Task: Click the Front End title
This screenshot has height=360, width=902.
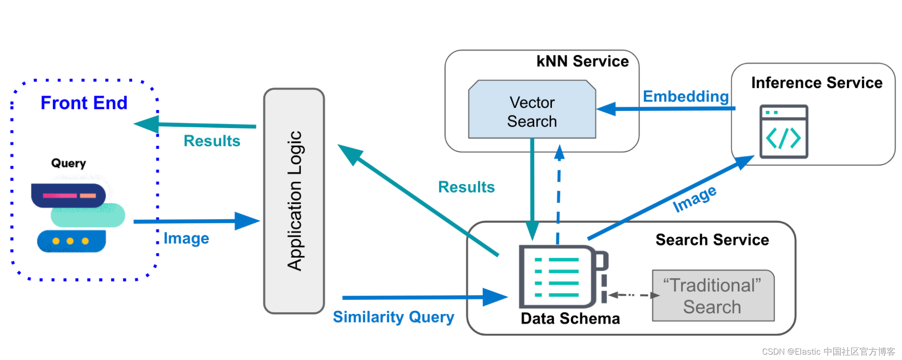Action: click(84, 103)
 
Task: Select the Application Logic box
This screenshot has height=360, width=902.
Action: click(294, 201)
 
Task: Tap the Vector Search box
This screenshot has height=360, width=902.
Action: click(532, 109)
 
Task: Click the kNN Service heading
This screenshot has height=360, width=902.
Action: click(583, 61)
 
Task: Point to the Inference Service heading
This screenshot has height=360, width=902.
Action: click(817, 83)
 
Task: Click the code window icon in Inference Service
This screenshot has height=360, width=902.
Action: click(784, 132)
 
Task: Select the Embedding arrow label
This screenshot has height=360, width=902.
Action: click(686, 97)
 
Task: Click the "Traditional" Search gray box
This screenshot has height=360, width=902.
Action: click(713, 296)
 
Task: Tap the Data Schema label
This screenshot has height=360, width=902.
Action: click(570, 318)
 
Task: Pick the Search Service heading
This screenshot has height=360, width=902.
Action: click(712, 240)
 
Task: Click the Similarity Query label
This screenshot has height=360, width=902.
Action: click(393, 317)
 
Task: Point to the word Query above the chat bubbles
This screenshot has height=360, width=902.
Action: click(69, 163)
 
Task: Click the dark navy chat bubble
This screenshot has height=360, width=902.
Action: click(68, 195)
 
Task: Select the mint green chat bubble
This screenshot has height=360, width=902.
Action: click(88, 215)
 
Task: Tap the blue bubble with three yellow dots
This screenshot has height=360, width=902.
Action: click(71, 241)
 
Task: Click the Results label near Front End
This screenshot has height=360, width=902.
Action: click(212, 141)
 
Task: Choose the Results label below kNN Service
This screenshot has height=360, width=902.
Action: click(466, 187)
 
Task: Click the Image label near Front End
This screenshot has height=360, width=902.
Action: click(186, 238)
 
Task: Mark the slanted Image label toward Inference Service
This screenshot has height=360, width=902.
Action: click(694, 198)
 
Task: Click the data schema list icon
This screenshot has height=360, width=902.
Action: click(563, 277)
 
